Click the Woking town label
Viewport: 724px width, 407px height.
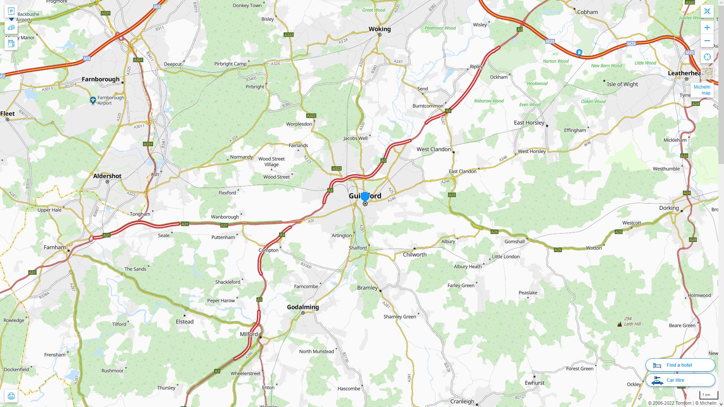(379, 29)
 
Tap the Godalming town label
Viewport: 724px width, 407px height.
(303, 307)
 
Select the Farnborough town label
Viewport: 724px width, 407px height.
(100, 79)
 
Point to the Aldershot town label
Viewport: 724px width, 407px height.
(107, 176)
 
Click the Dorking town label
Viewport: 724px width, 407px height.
(669, 208)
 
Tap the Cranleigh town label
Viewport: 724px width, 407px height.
(462, 401)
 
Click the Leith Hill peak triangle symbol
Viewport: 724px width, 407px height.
(620, 324)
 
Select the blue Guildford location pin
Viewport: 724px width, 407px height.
(365, 197)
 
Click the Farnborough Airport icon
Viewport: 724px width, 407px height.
(93, 100)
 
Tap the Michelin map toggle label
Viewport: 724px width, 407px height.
(702, 90)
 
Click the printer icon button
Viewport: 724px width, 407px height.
(11, 396)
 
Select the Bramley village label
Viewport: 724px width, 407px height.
(367, 288)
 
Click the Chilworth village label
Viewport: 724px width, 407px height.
(414, 255)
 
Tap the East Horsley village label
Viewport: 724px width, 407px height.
(529, 123)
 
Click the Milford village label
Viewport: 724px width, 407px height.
(249, 334)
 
